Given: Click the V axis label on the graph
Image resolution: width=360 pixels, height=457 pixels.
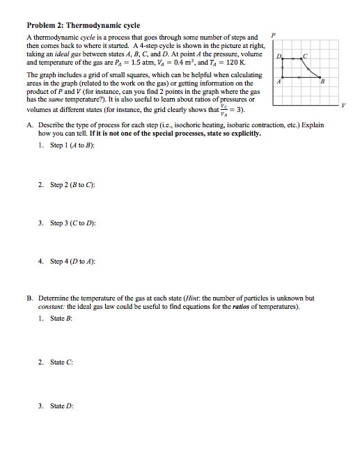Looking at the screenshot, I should click(x=342, y=104).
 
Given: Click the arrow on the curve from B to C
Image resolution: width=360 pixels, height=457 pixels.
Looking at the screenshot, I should click(x=308, y=68).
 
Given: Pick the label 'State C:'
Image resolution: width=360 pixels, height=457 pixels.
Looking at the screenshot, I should click(x=61, y=362).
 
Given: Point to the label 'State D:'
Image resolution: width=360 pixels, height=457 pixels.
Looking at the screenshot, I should click(x=61, y=405).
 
